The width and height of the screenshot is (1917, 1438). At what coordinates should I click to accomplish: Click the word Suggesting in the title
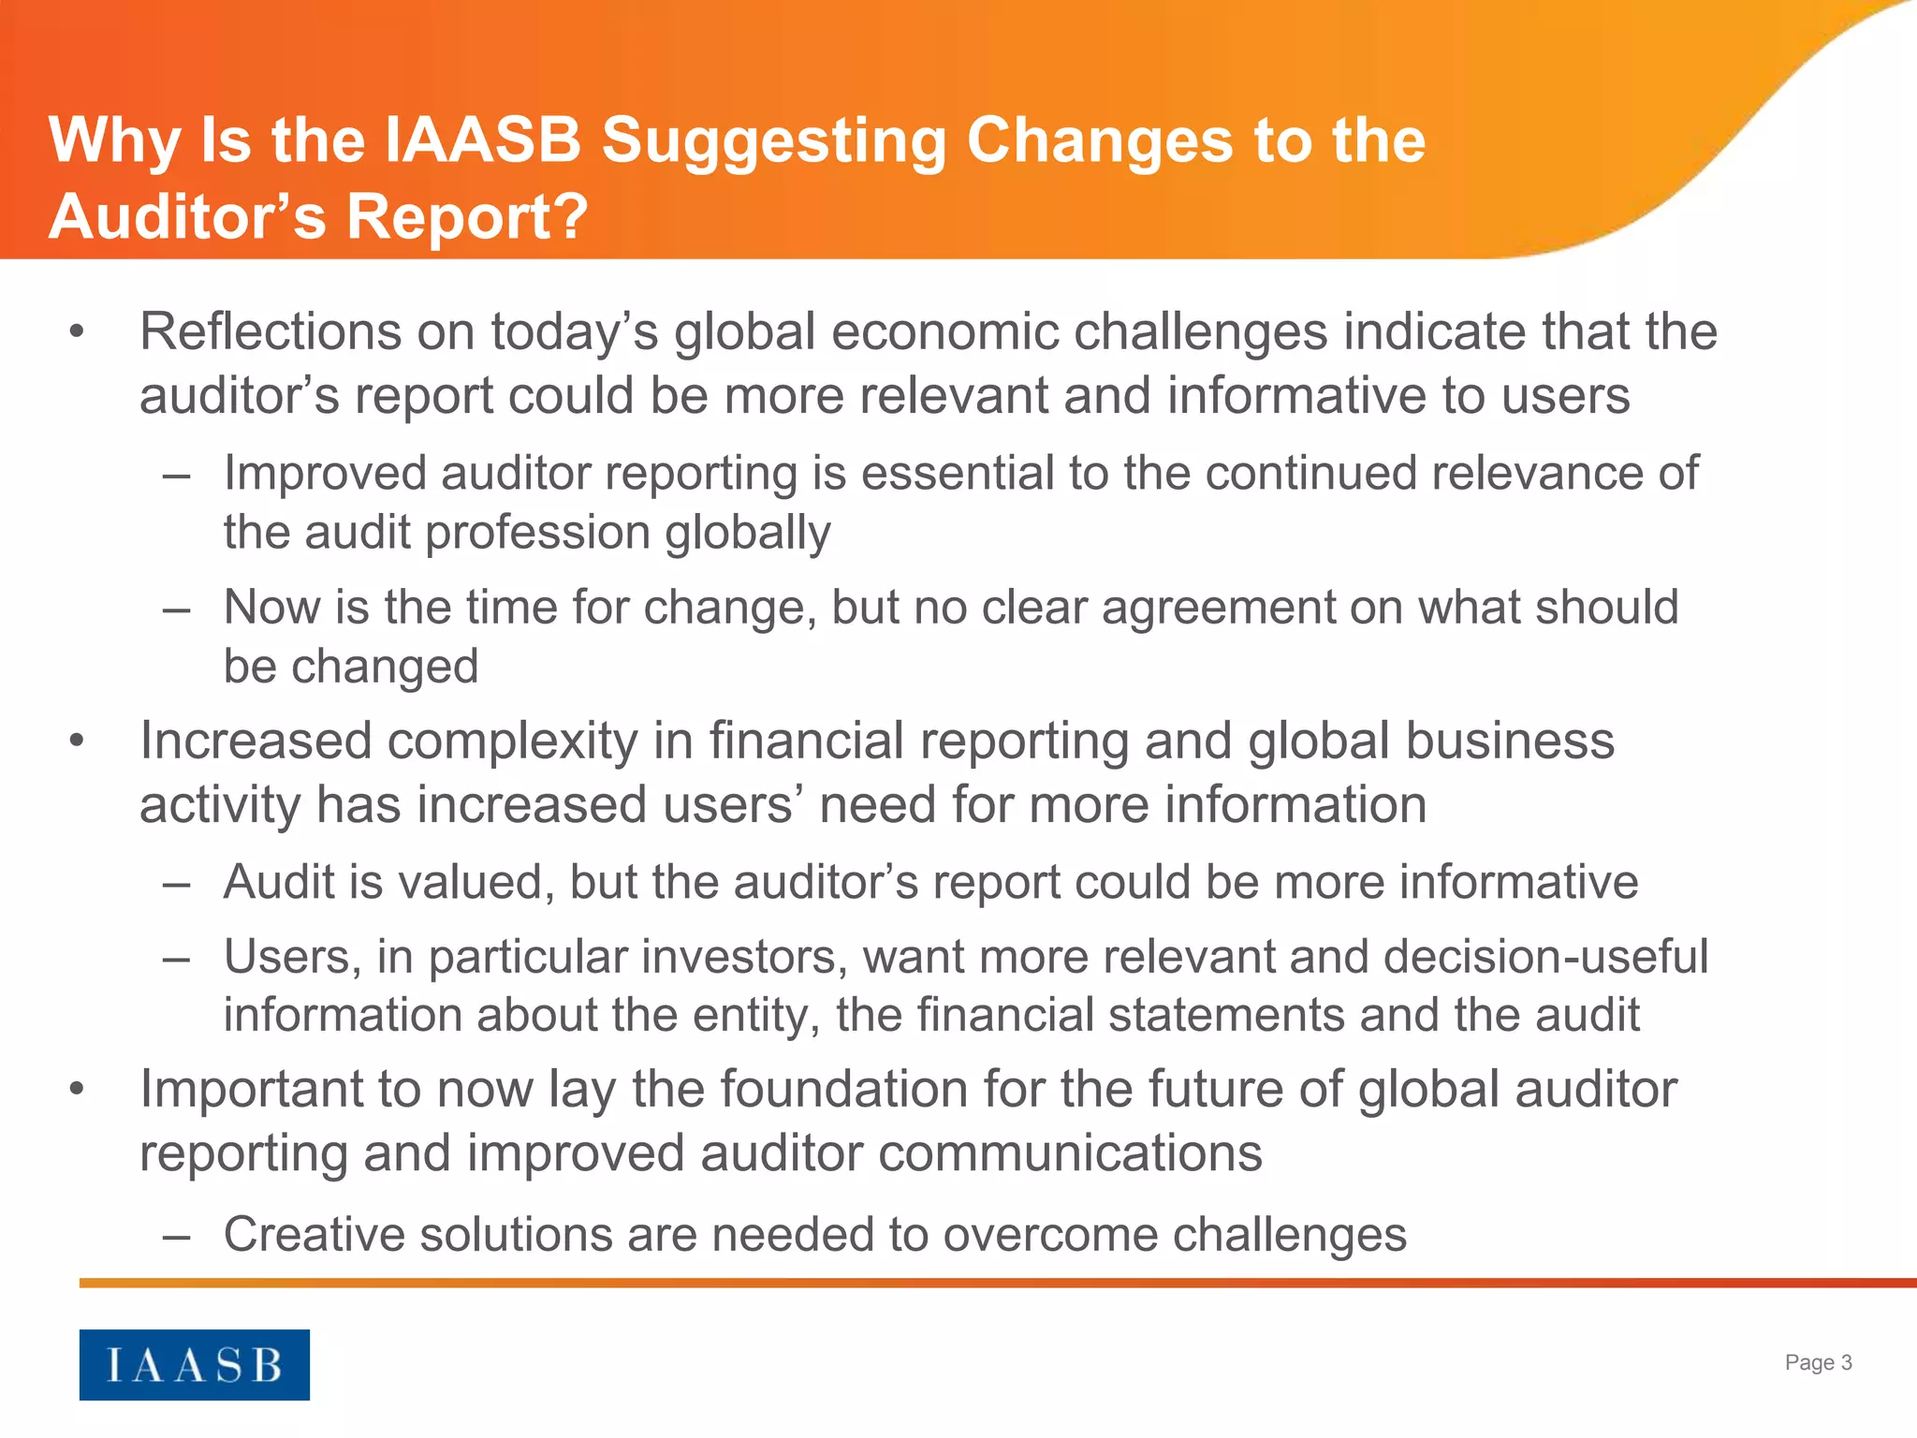pyautogui.click(x=773, y=142)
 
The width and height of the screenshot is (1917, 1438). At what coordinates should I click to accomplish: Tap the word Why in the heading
pyautogui.click(x=113, y=142)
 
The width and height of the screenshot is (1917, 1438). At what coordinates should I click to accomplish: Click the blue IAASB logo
pyautogui.click(x=194, y=1364)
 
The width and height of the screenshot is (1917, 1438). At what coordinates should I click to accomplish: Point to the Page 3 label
pyautogui.click(x=1818, y=1362)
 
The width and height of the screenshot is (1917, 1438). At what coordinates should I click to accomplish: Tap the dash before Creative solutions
pyautogui.click(x=176, y=1235)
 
